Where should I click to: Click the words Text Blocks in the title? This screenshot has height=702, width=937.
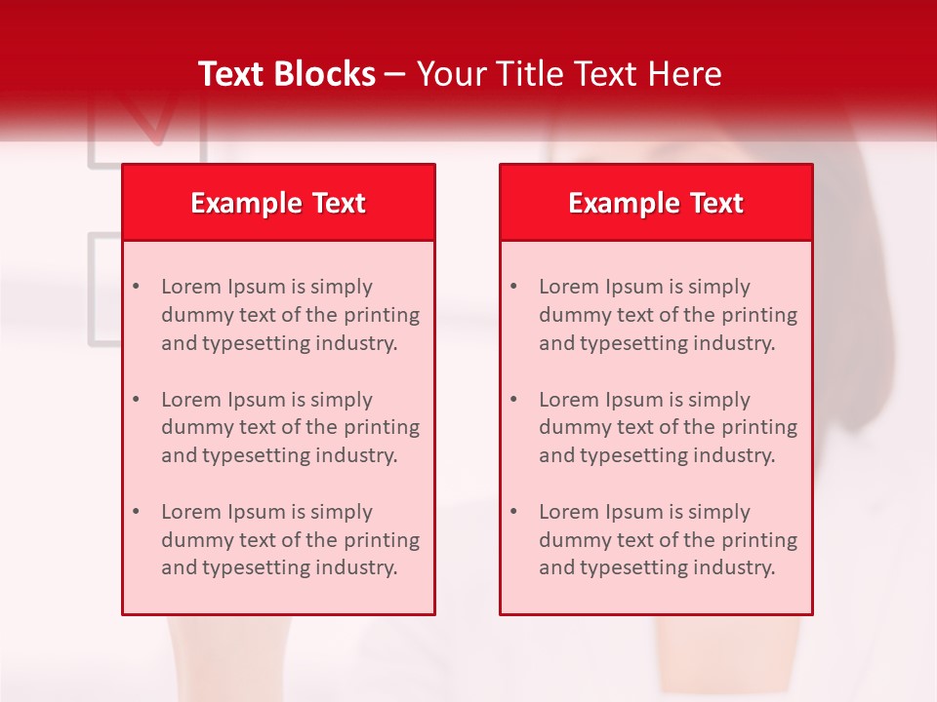[286, 74]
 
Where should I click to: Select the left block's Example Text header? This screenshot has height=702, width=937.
[278, 203]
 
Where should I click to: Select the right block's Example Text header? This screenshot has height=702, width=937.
[656, 203]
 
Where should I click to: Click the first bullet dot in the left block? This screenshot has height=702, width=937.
[136, 287]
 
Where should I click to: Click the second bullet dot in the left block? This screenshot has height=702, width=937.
[136, 400]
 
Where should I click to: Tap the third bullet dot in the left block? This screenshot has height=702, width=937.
[136, 512]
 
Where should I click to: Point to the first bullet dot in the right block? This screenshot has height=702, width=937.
[513, 287]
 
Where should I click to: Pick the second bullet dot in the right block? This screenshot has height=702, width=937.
[513, 400]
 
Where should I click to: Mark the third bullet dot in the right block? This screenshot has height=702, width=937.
[513, 512]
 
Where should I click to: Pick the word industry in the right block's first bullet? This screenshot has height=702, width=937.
[736, 343]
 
